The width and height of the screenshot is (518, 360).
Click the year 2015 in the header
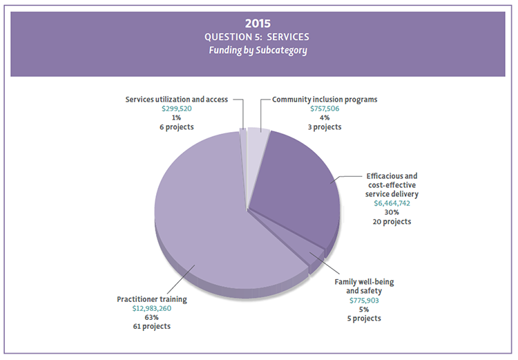tap(258, 23)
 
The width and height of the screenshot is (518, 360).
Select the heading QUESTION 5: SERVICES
tap(258, 37)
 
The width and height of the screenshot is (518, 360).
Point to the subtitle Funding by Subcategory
tap(258, 50)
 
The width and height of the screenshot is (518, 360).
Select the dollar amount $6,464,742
tap(392, 204)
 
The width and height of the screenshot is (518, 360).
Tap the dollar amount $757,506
tap(324, 108)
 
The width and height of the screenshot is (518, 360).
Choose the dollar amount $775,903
tap(364, 301)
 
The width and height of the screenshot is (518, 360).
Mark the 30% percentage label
tap(392, 213)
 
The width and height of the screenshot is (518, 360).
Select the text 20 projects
tap(392, 222)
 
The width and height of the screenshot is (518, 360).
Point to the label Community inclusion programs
tap(324, 100)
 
